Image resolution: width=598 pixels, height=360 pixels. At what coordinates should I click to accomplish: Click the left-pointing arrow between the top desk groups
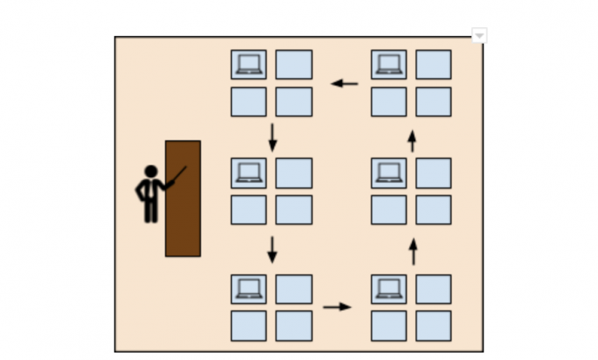tap(344, 83)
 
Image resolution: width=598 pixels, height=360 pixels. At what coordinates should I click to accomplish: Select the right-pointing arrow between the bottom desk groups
tap(336, 306)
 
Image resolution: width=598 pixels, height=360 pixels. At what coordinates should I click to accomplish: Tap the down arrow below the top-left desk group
tap(272, 136)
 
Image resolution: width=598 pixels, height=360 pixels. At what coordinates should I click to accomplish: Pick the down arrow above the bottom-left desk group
tap(272, 249)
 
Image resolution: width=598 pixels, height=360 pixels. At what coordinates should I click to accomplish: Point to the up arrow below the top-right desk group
tap(412, 141)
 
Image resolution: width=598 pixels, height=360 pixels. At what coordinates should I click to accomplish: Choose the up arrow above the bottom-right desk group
tap(413, 252)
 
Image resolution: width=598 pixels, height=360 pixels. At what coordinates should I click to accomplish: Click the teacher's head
tap(150, 171)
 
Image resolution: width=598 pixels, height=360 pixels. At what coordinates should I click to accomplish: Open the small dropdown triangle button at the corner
tap(480, 35)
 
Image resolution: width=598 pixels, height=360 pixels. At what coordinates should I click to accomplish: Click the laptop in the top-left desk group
tap(248, 64)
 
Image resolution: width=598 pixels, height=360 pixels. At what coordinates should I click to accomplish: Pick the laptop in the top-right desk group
tap(388, 64)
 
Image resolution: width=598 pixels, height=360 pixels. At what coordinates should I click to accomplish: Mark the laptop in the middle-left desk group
tap(248, 172)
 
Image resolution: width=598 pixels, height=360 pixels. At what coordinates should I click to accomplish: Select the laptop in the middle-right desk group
tap(388, 172)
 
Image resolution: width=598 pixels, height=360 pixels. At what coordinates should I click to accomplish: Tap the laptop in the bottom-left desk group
tap(248, 288)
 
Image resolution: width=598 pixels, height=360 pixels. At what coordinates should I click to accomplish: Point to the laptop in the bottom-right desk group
tap(388, 288)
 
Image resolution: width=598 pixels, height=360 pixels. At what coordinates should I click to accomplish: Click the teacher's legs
tap(150, 209)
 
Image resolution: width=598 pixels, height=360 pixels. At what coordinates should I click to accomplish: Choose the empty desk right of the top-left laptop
tap(294, 64)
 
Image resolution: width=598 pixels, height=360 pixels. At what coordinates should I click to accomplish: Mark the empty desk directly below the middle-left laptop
tap(248, 210)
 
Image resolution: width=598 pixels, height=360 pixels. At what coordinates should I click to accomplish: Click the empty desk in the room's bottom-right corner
tap(433, 326)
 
